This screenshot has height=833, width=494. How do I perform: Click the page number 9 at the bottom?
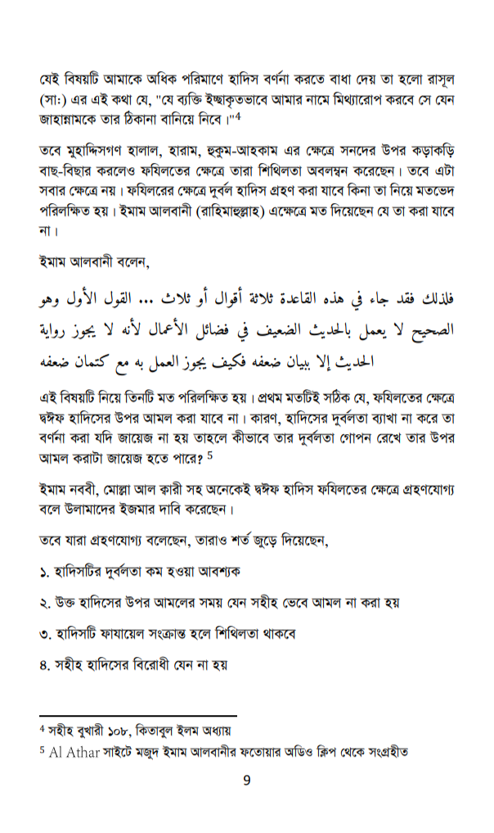[x=246, y=780]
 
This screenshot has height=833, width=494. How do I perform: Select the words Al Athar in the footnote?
[x=72, y=751]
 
